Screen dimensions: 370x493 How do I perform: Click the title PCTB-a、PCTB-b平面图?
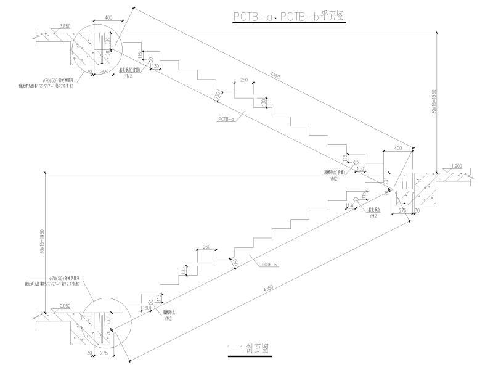[x=289, y=17]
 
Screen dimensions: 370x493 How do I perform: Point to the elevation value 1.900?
[x=457, y=166]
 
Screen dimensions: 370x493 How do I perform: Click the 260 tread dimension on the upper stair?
[x=244, y=80]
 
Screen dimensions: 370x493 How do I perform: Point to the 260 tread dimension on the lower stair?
[x=206, y=247]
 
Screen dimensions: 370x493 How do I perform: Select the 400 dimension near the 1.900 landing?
[x=397, y=148]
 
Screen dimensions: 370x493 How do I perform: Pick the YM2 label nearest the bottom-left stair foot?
[x=167, y=319]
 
